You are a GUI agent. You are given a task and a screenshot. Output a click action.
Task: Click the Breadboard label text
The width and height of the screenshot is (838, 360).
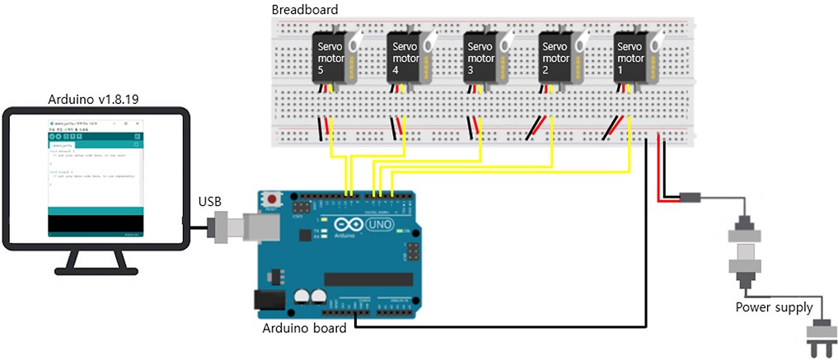pyautogui.click(x=304, y=9)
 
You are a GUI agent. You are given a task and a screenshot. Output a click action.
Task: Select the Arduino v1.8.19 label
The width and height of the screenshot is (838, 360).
pyautogui.click(x=93, y=99)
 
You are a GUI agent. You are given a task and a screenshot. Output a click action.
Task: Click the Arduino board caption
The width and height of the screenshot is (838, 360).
pyautogui.click(x=304, y=330)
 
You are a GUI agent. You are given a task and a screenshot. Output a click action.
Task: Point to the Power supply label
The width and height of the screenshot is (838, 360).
pyautogui.click(x=774, y=307)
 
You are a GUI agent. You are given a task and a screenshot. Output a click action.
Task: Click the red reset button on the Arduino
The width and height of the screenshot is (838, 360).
pyautogui.click(x=271, y=199)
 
